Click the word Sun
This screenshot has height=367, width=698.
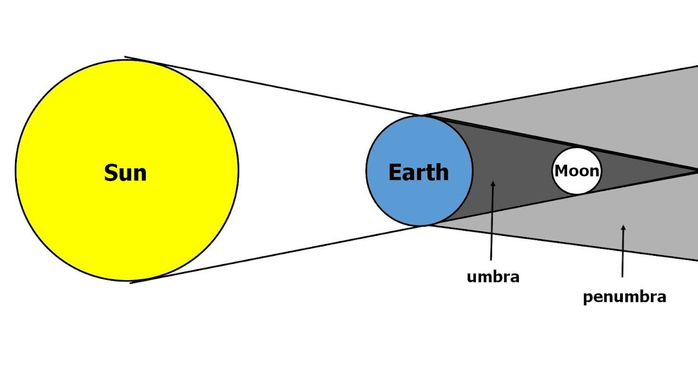pos(125,173)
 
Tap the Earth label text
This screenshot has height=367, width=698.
pos(418,172)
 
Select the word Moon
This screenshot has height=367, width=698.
pos(576,171)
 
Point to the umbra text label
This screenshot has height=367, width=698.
pos(493,277)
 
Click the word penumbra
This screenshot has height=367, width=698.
pos(624,297)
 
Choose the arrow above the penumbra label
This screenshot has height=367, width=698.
pos(623,251)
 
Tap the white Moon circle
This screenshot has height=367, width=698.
pos(576,184)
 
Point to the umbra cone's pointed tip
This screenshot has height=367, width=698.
pos(695,171)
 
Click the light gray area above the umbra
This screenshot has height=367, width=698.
pos(582,111)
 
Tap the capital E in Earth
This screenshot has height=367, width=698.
pos(394,172)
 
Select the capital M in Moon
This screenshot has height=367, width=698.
pos(561,171)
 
